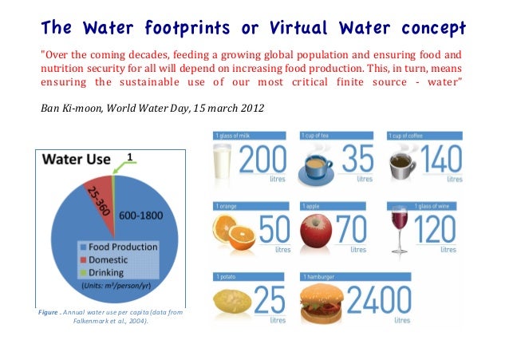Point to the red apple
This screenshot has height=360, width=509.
[x=317, y=231]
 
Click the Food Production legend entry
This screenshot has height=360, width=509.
[x=120, y=247]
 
